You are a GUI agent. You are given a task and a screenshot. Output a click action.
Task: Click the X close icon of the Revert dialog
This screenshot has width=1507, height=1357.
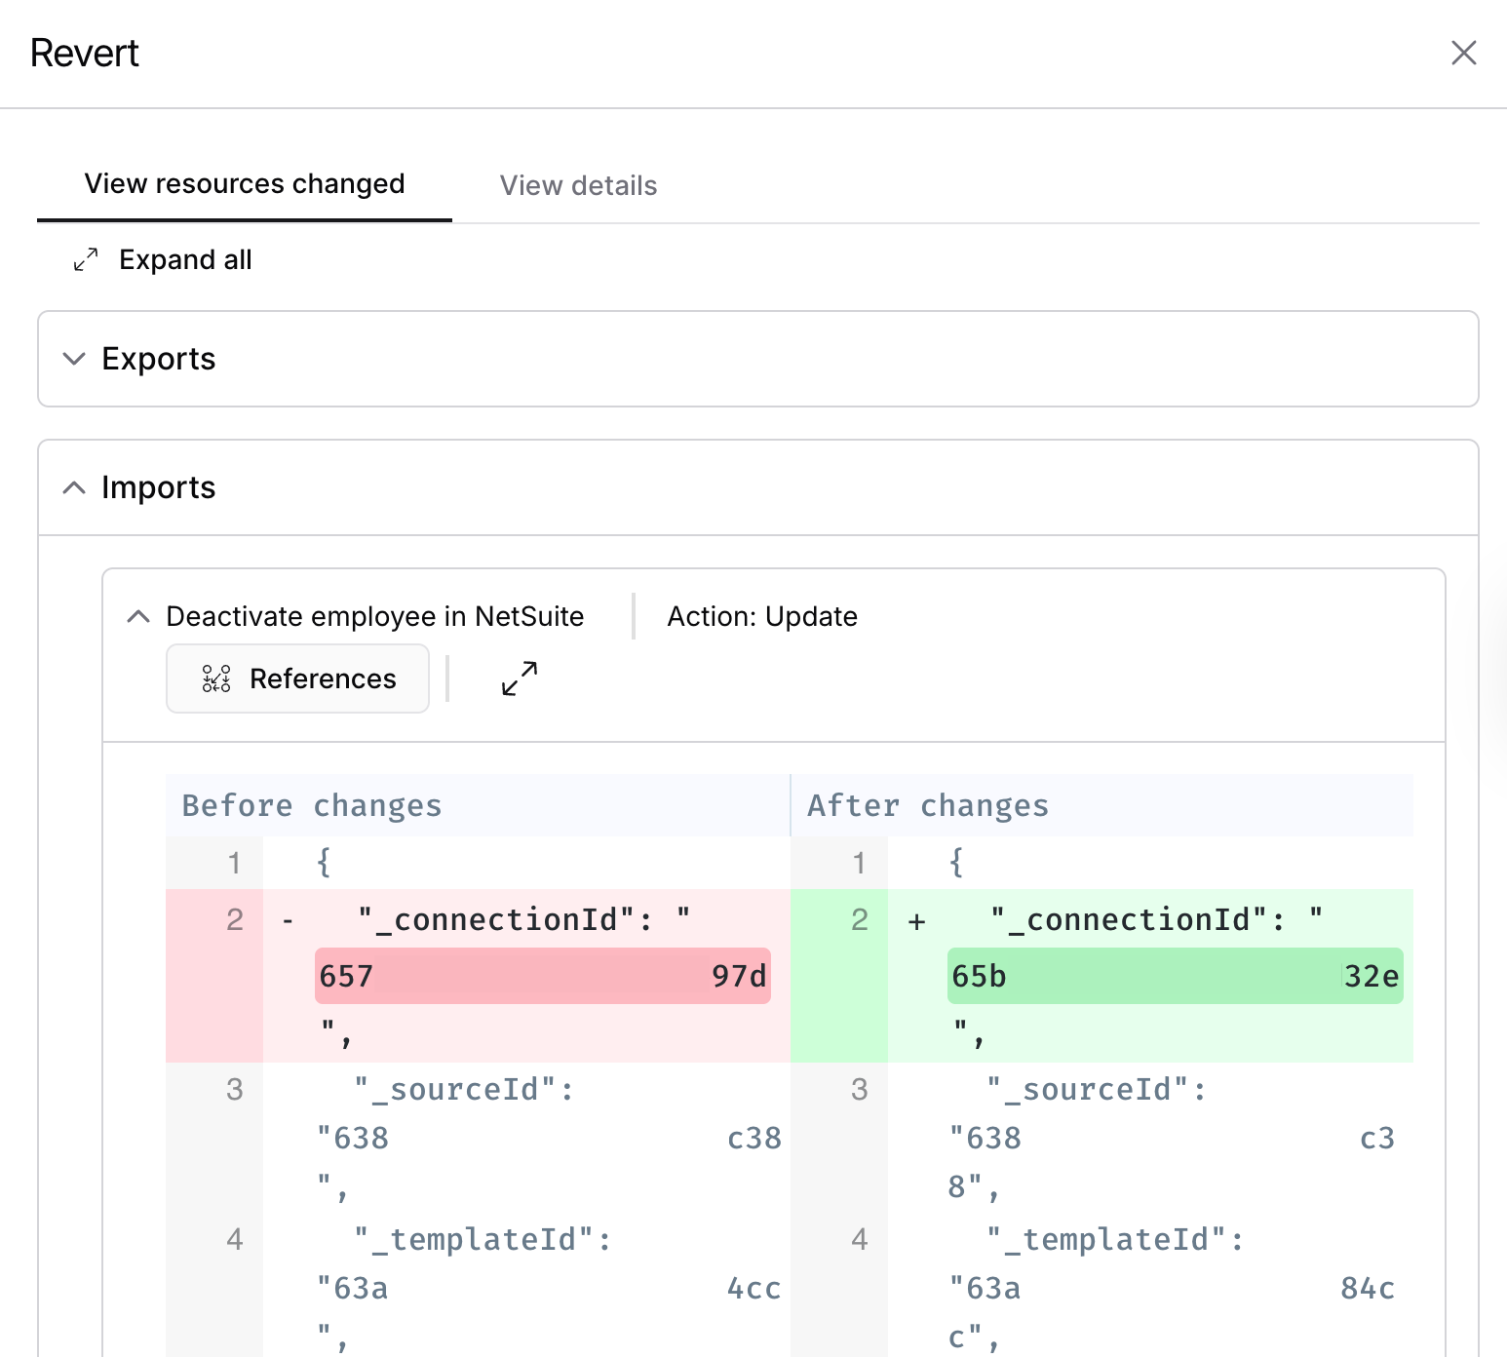pyautogui.click(x=1463, y=53)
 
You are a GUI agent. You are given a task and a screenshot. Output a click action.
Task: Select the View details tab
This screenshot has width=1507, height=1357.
pyautogui.click(x=578, y=185)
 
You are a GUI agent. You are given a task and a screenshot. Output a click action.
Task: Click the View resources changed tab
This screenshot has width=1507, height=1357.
pyautogui.click(x=245, y=184)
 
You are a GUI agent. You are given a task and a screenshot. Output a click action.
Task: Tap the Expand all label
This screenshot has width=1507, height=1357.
pyautogui.click(x=185, y=259)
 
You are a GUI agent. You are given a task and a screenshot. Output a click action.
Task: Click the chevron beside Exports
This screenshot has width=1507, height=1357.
pyautogui.click(x=74, y=359)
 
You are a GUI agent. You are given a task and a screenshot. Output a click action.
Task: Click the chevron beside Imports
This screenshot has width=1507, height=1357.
pyautogui.click(x=74, y=487)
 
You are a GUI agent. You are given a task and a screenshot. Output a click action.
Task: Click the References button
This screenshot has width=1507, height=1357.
pyautogui.click(x=297, y=678)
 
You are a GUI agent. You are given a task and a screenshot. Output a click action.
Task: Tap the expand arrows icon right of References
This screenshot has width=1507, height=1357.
pyautogui.click(x=520, y=678)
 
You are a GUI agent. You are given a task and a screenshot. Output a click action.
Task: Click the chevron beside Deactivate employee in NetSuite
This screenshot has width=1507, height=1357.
pyautogui.click(x=138, y=616)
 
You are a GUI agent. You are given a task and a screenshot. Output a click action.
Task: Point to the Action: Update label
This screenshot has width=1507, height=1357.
pyautogui.click(x=762, y=616)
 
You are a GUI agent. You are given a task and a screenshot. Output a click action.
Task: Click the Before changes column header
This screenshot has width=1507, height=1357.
pyautogui.click(x=312, y=805)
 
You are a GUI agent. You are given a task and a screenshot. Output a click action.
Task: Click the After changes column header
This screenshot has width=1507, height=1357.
pyautogui.click(x=928, y=805)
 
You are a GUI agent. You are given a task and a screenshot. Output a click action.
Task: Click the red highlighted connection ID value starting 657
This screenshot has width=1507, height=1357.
pyautogui.click(x=543, y=976)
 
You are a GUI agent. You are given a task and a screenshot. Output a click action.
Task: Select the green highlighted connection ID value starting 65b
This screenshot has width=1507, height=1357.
pyautogui.click(x=1176, y=976)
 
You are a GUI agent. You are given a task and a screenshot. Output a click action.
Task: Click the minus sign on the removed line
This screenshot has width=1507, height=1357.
pyautogui.click(x=288, y=920)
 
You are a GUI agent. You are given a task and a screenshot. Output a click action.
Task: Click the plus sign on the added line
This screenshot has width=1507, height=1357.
pyautogui.click(x=916, y=921)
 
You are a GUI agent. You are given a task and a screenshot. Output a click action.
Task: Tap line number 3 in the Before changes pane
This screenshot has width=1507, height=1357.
pyautogui.click(x=235, y=1089)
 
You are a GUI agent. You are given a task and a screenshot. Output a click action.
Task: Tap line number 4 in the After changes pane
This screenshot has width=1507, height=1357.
pyautogui.click(x=860, y=1239)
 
